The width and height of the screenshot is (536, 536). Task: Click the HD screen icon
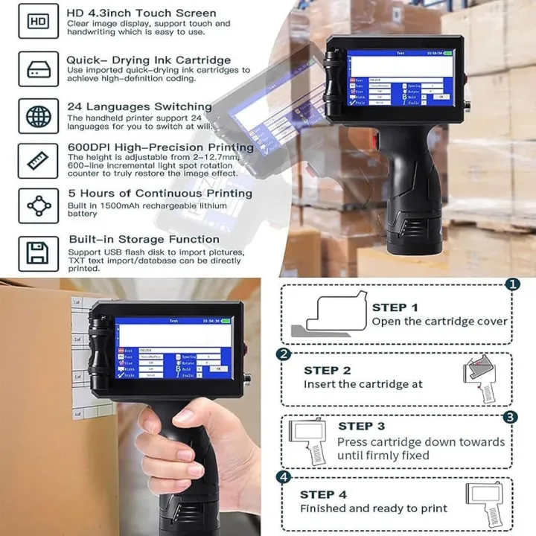point(38,22)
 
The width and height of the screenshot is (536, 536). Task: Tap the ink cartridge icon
point(38,68)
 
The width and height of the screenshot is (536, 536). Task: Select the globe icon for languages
point(38,115)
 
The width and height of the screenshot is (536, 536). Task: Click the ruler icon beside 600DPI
point(38,160)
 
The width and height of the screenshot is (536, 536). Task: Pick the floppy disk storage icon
point(38,253)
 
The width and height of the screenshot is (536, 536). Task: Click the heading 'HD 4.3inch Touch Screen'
point(141,13)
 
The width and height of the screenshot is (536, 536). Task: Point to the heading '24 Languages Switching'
point(139,106)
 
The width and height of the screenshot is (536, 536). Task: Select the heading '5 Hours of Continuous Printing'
point(159,193)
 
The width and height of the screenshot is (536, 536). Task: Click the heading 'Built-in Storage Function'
point(143,239)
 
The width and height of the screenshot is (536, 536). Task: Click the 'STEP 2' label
point(327,370)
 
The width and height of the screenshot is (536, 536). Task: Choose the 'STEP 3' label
point(361,426)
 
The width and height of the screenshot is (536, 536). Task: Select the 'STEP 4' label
point(323,494)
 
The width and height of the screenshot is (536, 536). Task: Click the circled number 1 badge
point(512,284)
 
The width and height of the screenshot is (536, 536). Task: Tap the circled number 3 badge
point(510,417)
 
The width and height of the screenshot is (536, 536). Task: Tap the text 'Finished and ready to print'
point(374,508)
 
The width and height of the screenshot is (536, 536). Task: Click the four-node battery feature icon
point(38,206)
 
